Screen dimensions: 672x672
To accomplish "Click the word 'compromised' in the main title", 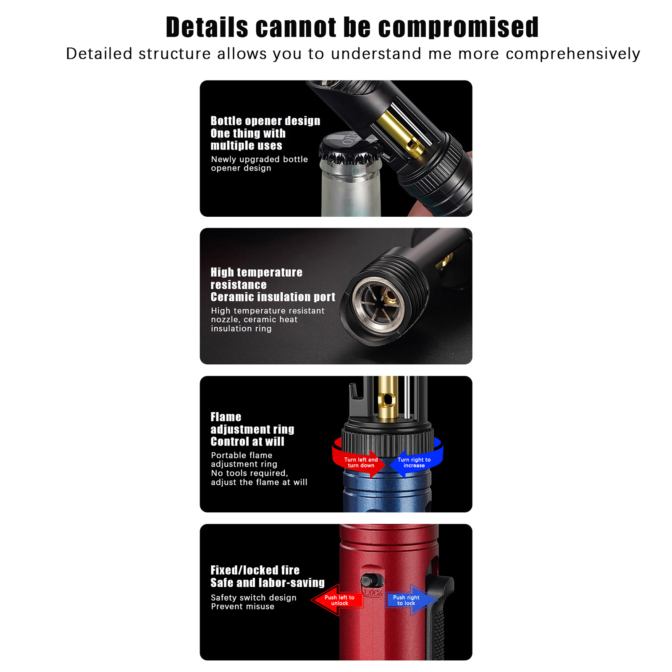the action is click(458, 28).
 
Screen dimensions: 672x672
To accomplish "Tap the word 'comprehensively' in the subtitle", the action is click(573, 54).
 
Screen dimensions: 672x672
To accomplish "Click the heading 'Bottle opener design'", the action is click(265, 121).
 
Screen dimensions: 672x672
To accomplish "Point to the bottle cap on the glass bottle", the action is click(349, 150).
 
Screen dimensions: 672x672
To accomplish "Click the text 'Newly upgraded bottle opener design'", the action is click(259, 163).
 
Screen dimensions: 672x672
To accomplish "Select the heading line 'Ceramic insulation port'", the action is click(273, 297).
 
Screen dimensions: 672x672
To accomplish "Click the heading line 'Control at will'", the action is click(247, 441).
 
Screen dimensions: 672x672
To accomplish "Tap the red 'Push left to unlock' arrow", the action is click(337, 600).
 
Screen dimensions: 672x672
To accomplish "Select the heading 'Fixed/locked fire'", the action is click(255, 570).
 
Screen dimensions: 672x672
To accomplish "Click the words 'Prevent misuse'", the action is click(243, 606).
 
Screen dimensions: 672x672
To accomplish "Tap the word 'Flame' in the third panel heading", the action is click(226, 417).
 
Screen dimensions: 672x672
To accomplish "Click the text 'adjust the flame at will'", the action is click(259, 482).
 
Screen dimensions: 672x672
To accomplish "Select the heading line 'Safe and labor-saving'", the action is click(268, 583).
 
